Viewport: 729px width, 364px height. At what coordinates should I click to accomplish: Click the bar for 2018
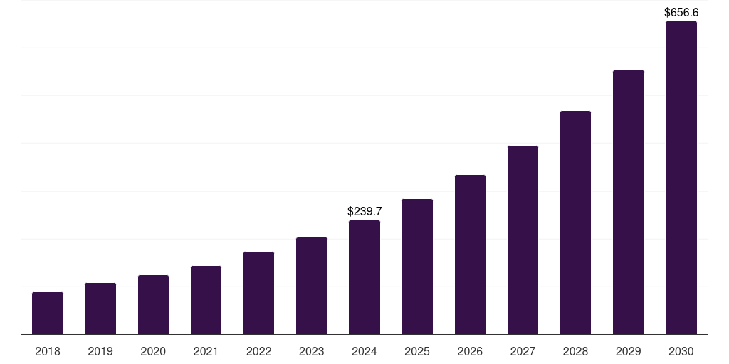(48, 313)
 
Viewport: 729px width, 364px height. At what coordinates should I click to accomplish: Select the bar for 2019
(100, 309)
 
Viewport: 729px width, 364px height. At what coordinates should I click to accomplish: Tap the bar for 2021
(206, 300)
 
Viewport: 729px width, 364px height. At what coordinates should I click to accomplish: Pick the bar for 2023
(312, 286)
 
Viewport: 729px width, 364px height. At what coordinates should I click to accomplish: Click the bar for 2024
(364, 277)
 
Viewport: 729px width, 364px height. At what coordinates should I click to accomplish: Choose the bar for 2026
(470, 255)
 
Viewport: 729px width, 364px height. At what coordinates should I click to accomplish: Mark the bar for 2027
(523, 240)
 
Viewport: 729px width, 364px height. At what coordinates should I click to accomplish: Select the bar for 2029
(629, 202)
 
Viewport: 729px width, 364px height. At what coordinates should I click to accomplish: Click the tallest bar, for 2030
(681, 178)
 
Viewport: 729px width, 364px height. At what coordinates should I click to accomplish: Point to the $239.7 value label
(364, 211)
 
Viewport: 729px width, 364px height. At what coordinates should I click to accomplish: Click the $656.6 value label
(681, 12)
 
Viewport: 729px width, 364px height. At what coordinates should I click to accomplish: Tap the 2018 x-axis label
(48, 351)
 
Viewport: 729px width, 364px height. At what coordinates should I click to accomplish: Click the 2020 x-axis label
(153, 351)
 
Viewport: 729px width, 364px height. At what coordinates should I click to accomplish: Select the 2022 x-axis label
(258, 351)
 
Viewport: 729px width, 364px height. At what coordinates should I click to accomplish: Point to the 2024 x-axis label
(364, 351)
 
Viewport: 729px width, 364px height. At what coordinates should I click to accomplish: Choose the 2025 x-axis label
(417, 351)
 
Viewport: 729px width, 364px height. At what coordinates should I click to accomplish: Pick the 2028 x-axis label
(575, 351)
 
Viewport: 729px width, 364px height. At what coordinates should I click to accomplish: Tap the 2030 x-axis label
(681, 351)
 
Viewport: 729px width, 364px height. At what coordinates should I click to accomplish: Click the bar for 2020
(153, 304)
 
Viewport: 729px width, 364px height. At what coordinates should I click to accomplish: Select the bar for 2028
(575, 223)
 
